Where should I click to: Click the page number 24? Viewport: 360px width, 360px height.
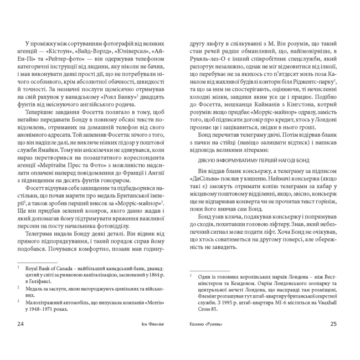tap(20, 339)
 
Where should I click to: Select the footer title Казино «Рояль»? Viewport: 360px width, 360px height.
tap(209, 339)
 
